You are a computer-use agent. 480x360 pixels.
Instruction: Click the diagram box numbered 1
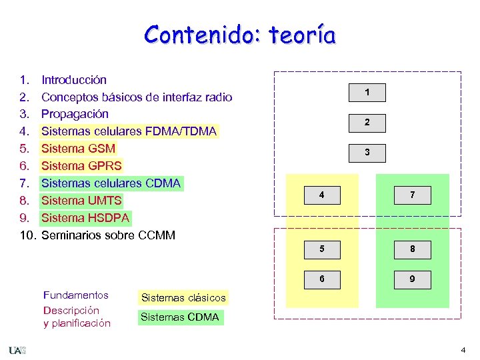coord(367,93)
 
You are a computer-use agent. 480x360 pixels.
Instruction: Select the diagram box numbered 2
coord(367,123)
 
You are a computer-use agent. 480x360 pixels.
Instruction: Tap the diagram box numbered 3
coord(367,153)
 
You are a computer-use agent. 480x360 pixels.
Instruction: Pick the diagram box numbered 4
coord(322,195)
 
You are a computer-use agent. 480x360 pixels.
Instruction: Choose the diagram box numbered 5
coord(322,250)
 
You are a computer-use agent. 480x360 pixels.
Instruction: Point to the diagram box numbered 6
coord(322,279)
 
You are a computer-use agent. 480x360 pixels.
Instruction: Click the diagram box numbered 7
coord(412,195)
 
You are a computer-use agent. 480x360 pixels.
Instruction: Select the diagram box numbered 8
coord(412,250)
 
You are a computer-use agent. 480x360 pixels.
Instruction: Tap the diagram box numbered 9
coord(412,279)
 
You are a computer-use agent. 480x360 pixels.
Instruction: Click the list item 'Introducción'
coord(73,80)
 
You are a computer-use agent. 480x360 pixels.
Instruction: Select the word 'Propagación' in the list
coord(75,114)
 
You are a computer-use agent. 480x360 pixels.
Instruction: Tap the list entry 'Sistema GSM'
coord(78,149)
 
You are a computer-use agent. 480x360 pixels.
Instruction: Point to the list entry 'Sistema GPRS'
coord(81,166)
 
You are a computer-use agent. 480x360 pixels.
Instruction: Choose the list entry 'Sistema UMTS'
coord(81,201)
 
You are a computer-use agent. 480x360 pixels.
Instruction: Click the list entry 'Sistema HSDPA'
coord(85,218)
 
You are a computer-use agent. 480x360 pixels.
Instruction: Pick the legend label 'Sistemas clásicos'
coord(183,298)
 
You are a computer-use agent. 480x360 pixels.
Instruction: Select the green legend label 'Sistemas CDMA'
coord(179,317)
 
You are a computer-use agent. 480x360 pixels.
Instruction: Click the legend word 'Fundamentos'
coord(75,295)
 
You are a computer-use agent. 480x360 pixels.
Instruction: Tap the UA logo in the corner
coord(17,350)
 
